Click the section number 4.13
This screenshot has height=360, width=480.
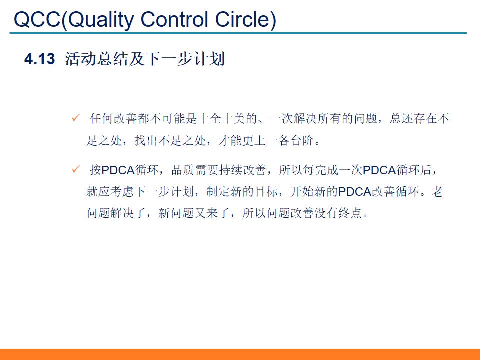[x=39, y=59]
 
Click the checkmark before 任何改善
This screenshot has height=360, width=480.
[x=76, y=118]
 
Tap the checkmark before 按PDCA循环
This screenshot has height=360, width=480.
[x=76, y=170]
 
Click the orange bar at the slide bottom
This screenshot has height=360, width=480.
[x=240, y=354]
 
